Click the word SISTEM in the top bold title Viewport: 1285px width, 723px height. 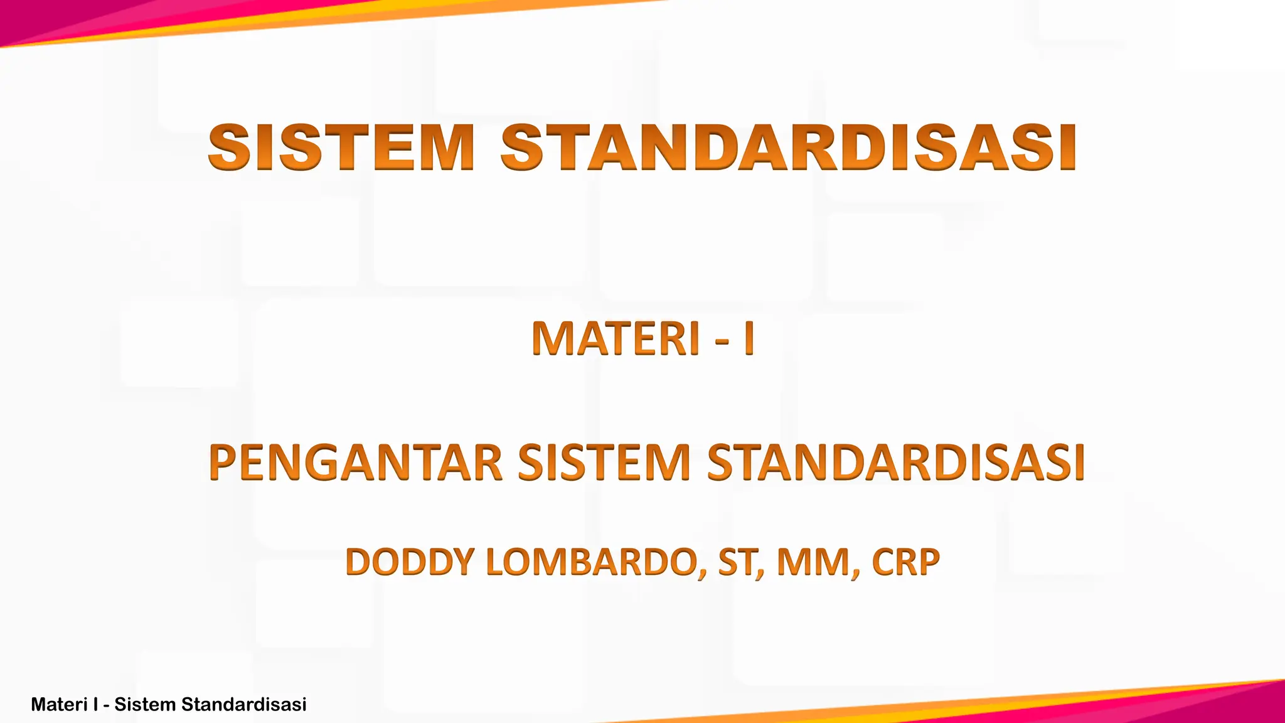pyautogui.click(x=341, y=148)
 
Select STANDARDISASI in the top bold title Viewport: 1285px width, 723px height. pyautogui.click(x=788, y=148)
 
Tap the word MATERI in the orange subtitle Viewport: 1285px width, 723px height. pyautogui.click(x=616, y=339)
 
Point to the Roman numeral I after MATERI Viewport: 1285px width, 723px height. pyautogui.click(x=748, y=339)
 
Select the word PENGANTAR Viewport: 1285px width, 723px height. pyautogui.click(x=355, y=463)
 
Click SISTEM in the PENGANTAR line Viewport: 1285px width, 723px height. pyautogui.click(x=604, y=463)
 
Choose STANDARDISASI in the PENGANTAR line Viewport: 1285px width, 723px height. pyautogui.click(x=896, y=463)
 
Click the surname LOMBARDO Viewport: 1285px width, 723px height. pyautogui.click(x=590, y=562)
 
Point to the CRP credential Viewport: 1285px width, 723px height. pyautogui.click(x=905, y=562)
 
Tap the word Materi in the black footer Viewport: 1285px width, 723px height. pyautogui.click(x=59, y=705)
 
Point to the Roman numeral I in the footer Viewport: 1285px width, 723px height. pyautogui.click(x=95, y=705)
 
